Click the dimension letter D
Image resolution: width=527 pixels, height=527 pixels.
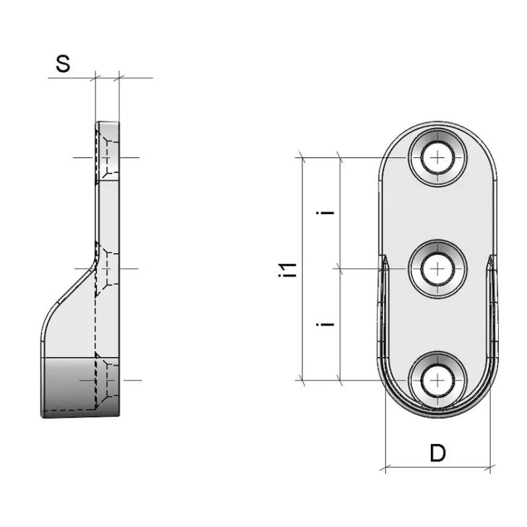click(x=437, y=453)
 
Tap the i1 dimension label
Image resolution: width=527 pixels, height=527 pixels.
click(x=289, y=270)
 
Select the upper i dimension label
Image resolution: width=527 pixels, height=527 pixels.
click(x=325, y=212)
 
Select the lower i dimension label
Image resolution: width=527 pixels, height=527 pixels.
click(x=325, y=324)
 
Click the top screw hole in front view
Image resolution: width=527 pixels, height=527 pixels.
click(x=437, y=157)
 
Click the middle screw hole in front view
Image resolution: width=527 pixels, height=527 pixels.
click(x=437, y=269)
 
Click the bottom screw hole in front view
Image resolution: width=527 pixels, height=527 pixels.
click(x=437, y=381)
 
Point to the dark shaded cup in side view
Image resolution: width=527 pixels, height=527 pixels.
click(x=80, y=387)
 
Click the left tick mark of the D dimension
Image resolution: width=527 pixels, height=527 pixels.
click(x=385, y=467)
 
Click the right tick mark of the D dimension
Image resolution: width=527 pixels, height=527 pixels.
click(x=490, y=467)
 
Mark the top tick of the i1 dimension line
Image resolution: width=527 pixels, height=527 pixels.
click(x=302, y=157)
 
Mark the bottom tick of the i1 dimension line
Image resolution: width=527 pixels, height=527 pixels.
click(x=302, y=381)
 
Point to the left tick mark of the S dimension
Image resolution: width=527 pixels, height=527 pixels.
click(x=96, y=78)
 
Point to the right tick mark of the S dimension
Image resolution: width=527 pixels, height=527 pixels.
click(x=119, y=78)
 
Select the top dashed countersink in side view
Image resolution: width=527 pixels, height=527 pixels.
click(x=107, y=157)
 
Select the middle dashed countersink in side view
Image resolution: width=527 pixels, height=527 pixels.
click(x=107, y=269)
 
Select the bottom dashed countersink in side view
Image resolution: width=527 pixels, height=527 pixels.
click(x=107, y=381)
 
